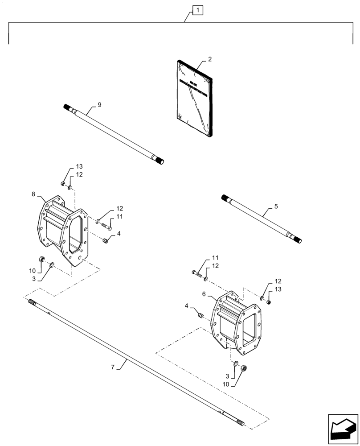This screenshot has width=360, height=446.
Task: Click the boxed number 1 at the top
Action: click(197, 10)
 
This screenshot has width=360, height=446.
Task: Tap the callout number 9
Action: click(99, 105)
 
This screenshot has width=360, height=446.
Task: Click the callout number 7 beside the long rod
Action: click(113, 367)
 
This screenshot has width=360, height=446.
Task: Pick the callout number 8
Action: click(33, 194)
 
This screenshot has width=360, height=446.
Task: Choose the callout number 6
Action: click(204, 294)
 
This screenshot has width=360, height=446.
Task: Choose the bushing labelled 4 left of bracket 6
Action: click(201, 316)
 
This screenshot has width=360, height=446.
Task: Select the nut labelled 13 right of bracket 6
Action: click(269, 302)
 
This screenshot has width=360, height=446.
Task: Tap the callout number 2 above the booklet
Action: click(210, 59)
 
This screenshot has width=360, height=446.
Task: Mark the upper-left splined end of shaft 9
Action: click(68, 107)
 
